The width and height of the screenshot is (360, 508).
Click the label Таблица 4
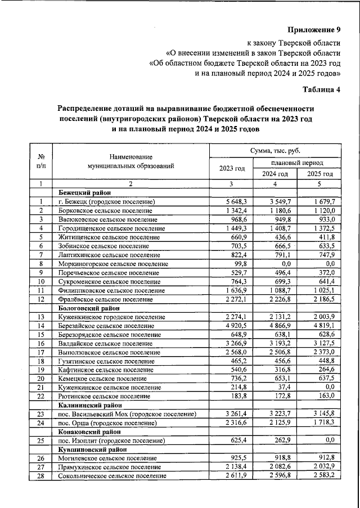[322, 89]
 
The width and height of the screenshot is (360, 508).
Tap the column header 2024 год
[275, 174]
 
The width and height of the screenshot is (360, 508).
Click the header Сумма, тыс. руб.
[275, 151]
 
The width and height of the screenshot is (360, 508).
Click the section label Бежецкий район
[85, 192]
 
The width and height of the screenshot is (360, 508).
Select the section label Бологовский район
[89, 308]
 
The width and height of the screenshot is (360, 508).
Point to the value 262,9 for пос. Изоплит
[281, 440]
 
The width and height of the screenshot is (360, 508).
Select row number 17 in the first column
[40, 352]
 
